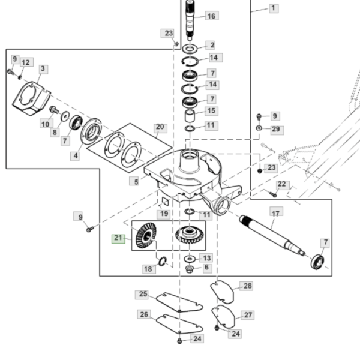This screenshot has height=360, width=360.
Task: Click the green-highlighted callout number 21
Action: tap(118, 239)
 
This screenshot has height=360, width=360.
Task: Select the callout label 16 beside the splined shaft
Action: tap(211, 16)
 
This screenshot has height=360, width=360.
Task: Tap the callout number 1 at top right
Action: tap(274, 8)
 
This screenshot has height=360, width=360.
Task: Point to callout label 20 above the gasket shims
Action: tap(160, 127)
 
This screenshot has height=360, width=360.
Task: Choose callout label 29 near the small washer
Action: tap(276, 130)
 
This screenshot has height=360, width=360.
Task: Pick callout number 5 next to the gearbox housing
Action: tap(136, 182)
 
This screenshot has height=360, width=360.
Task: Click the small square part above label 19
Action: tap(166, 201)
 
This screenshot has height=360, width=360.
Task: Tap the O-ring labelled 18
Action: tap(163, 261)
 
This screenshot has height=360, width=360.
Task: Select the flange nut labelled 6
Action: tap(190, 269)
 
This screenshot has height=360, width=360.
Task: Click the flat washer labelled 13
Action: tap(190, 259)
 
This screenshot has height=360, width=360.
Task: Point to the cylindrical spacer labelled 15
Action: tap(190, 115)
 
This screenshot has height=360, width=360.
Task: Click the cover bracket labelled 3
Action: tap(31, 98)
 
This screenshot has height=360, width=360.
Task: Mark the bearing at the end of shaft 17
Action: tap(317, 262)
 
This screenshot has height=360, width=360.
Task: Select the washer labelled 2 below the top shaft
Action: tap(190, 49)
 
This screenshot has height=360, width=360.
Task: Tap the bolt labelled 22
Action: tap(273, 194)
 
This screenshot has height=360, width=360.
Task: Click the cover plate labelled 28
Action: tap(222, 292)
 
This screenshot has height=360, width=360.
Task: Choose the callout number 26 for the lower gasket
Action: tap(144, 314)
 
